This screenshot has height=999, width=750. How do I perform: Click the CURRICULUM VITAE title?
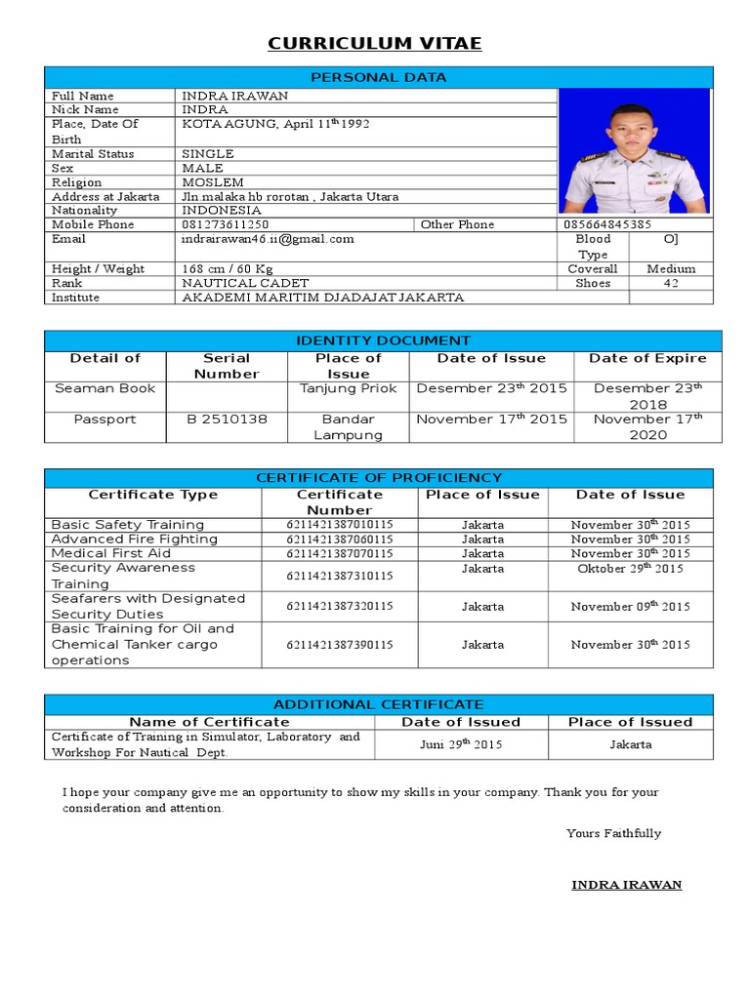click(375, 44)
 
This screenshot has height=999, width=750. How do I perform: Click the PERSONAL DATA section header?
click(378, 77)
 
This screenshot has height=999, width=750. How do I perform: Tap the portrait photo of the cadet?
click(635, 150)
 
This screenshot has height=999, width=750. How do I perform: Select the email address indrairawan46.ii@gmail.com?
click(268, 239)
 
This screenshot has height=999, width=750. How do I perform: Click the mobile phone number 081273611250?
click(226, 224)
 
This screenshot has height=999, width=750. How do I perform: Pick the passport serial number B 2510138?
click(226, 420)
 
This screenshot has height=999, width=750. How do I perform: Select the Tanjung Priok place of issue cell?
click(349, 388)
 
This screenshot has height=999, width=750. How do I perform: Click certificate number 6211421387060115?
click(340, 539)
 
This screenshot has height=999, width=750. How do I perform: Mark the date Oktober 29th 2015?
click(630, 569)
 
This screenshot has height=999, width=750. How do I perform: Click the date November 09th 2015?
click(630, 607)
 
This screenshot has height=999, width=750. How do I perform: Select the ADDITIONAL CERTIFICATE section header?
click(378, 704)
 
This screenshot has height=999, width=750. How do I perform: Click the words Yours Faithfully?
click(613, 833)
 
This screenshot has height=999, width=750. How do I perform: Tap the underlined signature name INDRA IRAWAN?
click(626, 885)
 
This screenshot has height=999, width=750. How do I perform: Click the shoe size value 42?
click(671, 283)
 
